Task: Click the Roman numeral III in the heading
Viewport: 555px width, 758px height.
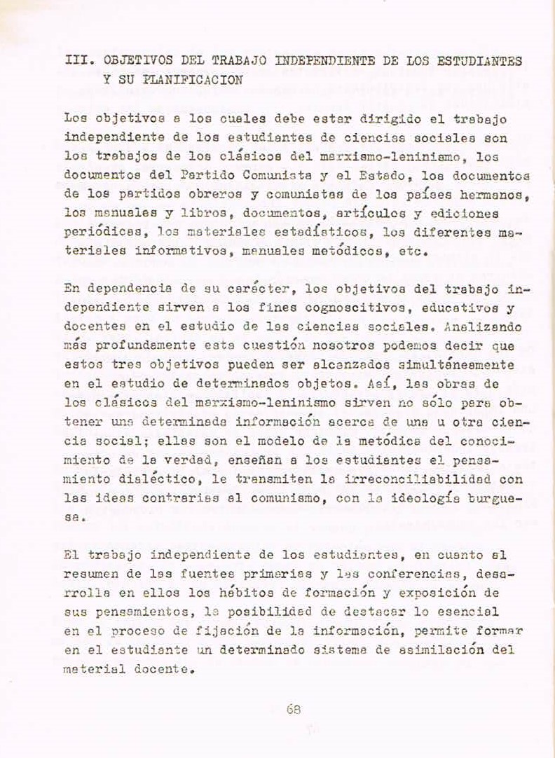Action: click(76, 62)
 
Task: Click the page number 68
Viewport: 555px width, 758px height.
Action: click(294, 708)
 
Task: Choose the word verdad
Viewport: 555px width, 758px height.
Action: click(184, 460)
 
